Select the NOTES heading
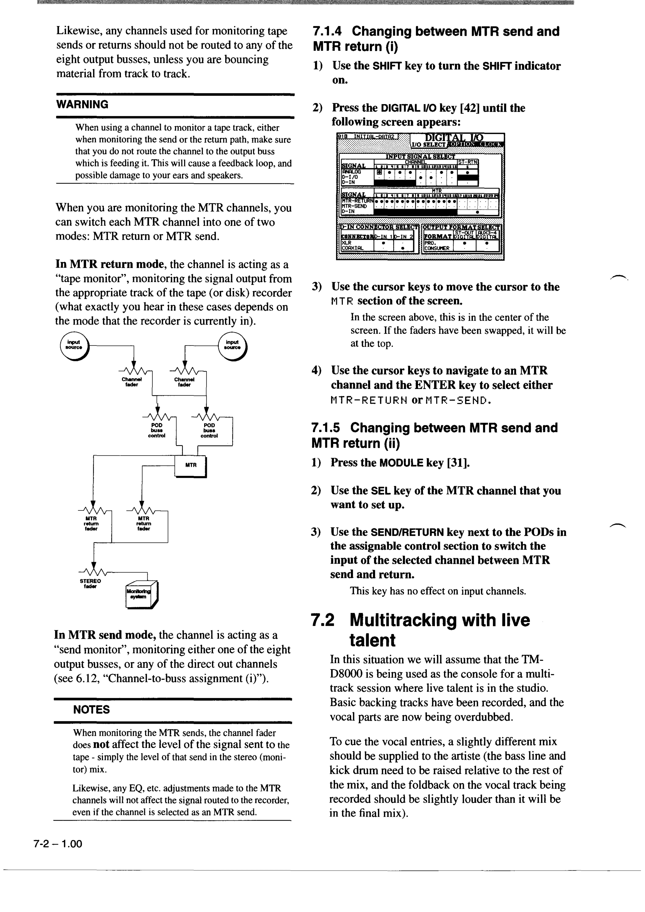click(91, 709)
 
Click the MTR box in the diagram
click(191, 465)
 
